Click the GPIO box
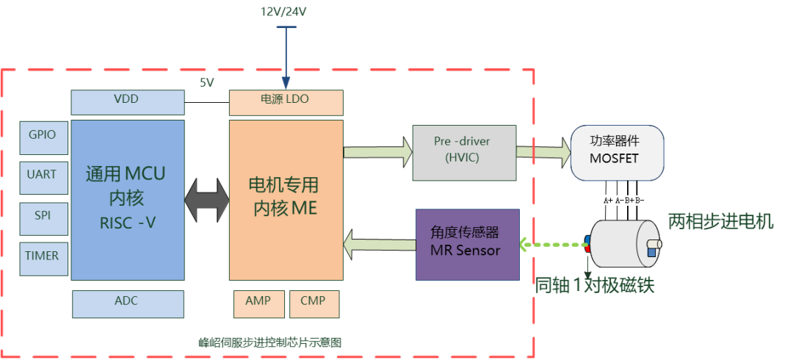pyautogui.click(x=43, y=137)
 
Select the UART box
pyautogui.click(x=43, y=178)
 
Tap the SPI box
pyautogui.click(x=43, y=219)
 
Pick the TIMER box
pyautogui.click(x=43, y=259)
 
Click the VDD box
pyautogui.click(x=128, y=102)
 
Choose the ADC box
pyautogui.click(x=128, y=304)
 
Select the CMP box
pyautogui.click(x=314, y=304)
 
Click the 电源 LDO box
pyautogui.click(x=286, y=102)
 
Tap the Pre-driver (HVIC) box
pyautogui.click(x=465, y=152)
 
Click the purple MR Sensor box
pyautogui.click(x=468, y=245)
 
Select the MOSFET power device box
pyautogui.click(x=617, y=153)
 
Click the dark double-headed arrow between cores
pyautogui.click(x=207, y=200)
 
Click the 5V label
pyautogui.click(x=207, y=83)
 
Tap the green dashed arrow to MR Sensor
pyautogui.click(x=552, y=245)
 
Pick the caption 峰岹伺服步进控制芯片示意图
pyautogui.click(x=270, y=343)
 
